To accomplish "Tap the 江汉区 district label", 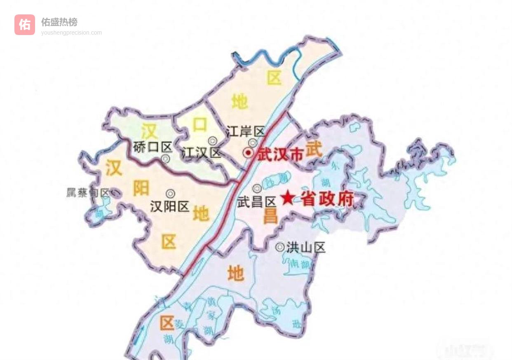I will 201,153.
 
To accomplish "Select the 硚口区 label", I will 153,147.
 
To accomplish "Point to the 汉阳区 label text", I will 169,206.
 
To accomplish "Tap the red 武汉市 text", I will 280,154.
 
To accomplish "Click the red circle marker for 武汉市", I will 249,153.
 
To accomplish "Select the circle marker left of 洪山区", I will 280,247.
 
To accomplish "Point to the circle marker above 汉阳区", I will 169,193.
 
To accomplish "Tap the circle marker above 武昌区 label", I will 257,189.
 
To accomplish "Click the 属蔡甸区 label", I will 88,193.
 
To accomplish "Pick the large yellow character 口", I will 200,125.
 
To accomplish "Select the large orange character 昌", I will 270,215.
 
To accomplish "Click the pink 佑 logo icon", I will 25,25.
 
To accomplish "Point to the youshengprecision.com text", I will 71,33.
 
